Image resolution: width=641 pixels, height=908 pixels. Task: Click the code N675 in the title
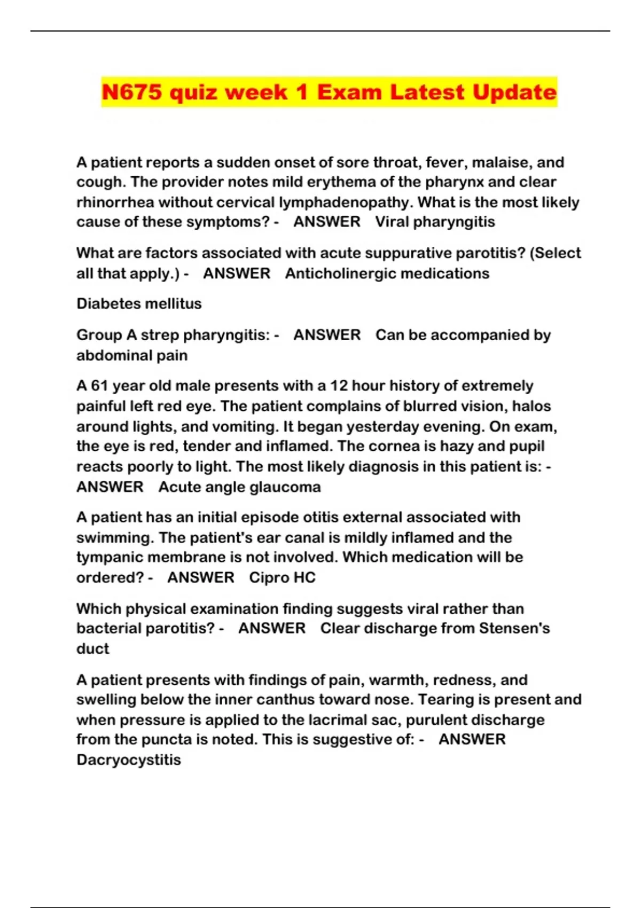pos(131,92)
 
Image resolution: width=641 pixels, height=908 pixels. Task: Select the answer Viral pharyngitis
pos(435,222)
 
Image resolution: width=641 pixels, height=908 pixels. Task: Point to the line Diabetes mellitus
pos(139,303)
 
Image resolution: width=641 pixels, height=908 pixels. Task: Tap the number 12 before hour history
pos(339,386)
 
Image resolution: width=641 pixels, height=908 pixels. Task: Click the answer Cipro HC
pos(282,577)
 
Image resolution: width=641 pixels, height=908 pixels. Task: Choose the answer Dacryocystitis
pos(129,760)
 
